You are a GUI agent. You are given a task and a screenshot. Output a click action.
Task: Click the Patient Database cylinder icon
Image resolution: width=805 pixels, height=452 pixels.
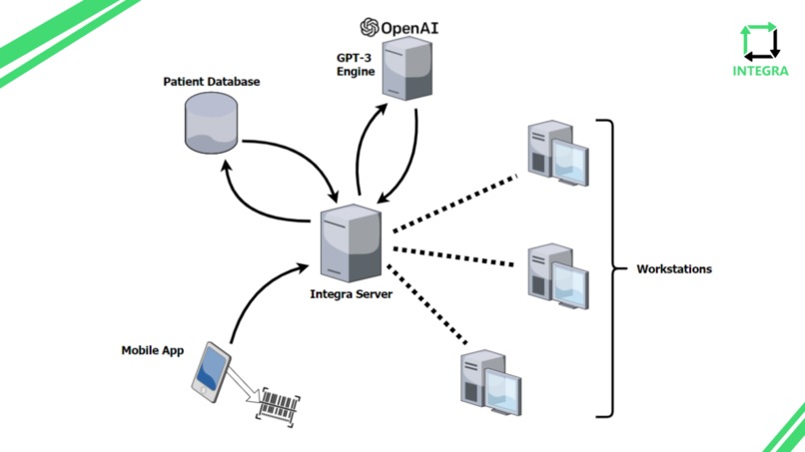[x=211, y=122]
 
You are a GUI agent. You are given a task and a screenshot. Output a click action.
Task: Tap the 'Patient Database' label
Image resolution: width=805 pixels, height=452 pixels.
[x=211, y=81]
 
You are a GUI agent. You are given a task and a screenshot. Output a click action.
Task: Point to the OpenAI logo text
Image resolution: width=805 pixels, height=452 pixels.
[x=400, y=27]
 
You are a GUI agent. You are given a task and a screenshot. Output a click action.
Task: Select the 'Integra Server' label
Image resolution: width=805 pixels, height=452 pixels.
[x=352, y=294]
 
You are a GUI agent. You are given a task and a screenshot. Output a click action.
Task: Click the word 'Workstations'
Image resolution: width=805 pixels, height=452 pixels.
[x=674, y=269]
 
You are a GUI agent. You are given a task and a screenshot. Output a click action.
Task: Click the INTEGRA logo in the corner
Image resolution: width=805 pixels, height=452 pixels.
[x=760, y=50]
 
